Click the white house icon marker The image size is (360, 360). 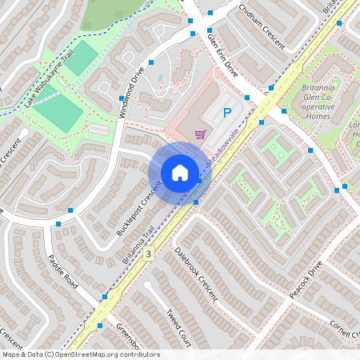pyautogui.click(x=180, y=173)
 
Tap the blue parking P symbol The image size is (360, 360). pyautogui.click(x=226, y=114)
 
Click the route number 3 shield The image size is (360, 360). pyautogui.click(x=148, y=253)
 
